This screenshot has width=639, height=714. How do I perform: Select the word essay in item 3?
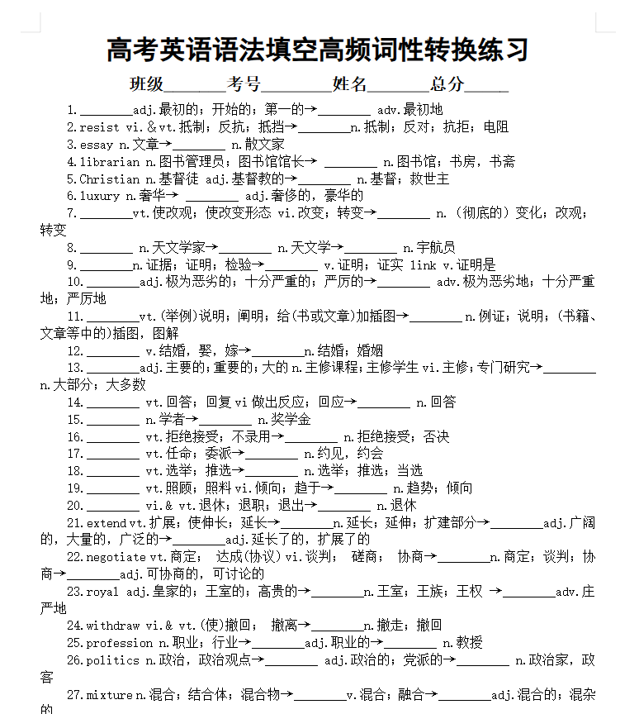[97, 145]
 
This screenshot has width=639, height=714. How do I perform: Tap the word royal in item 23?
[103, 592]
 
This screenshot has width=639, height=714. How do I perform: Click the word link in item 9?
[423, 265]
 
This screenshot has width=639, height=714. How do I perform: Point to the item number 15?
[75, 420]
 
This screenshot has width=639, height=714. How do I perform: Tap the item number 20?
[75, 506]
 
